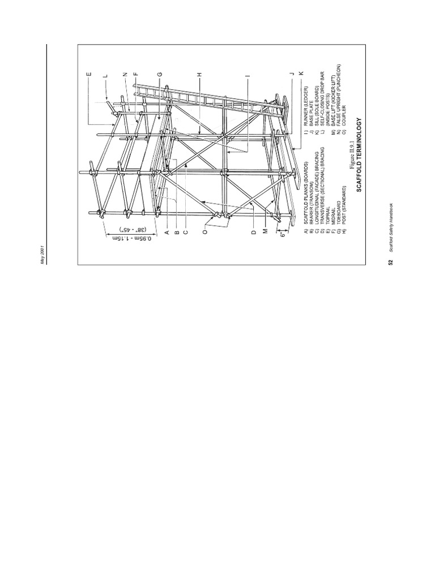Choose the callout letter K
tap(310, 75)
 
